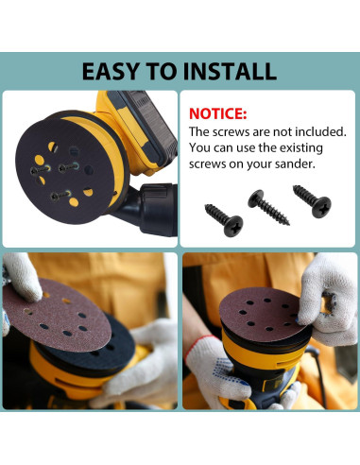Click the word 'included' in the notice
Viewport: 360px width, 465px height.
coord(315,131)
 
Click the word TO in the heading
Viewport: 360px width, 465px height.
coord(166,71)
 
